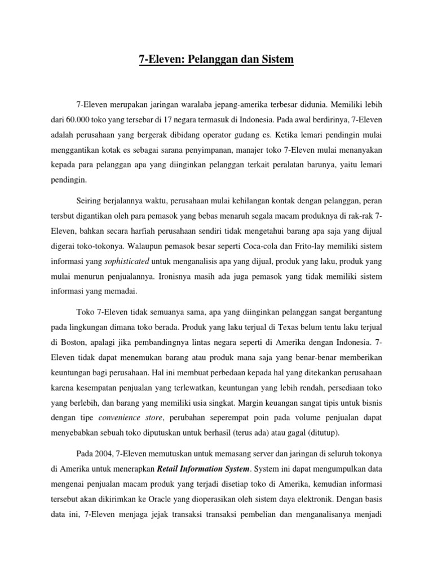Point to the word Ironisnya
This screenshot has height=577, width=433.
[179, 277]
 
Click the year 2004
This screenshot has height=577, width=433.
[104, 454]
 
